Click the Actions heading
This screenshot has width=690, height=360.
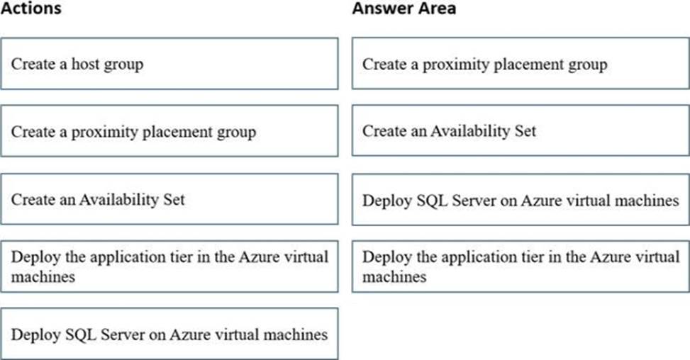pyautogui.click(x=30, y=8)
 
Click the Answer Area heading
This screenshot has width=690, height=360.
pyautogui.click(x=404, y=8)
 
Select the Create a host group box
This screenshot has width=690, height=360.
pyautogui.click(x=169, y=64)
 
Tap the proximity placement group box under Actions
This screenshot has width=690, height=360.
pyautogui.click(x=169, y=131)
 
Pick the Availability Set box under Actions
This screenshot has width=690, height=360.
pyautogui.click(x=169, y=199)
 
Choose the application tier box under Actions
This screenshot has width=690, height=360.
pyautogui.click(x=169, y=266)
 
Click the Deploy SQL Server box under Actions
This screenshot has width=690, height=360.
pyautogui.click(x=169, y=334)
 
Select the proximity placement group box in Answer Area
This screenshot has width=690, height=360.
pyautogui.click(x=521, y=64)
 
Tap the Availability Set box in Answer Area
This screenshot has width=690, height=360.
pyautogui.click(x=521, y=130)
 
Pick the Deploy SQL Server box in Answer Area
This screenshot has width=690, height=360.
pyautogui.click(x=521, y=200)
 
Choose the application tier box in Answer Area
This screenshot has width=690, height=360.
pyautogui.click(x=521, y=266)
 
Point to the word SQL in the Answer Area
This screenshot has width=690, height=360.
pyautogui.click(x=433, y=201)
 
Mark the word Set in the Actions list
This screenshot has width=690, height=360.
pyautogui.click(x=174, y=200)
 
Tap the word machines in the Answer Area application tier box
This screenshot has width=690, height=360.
pyautogui.click(x=394, y=277)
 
